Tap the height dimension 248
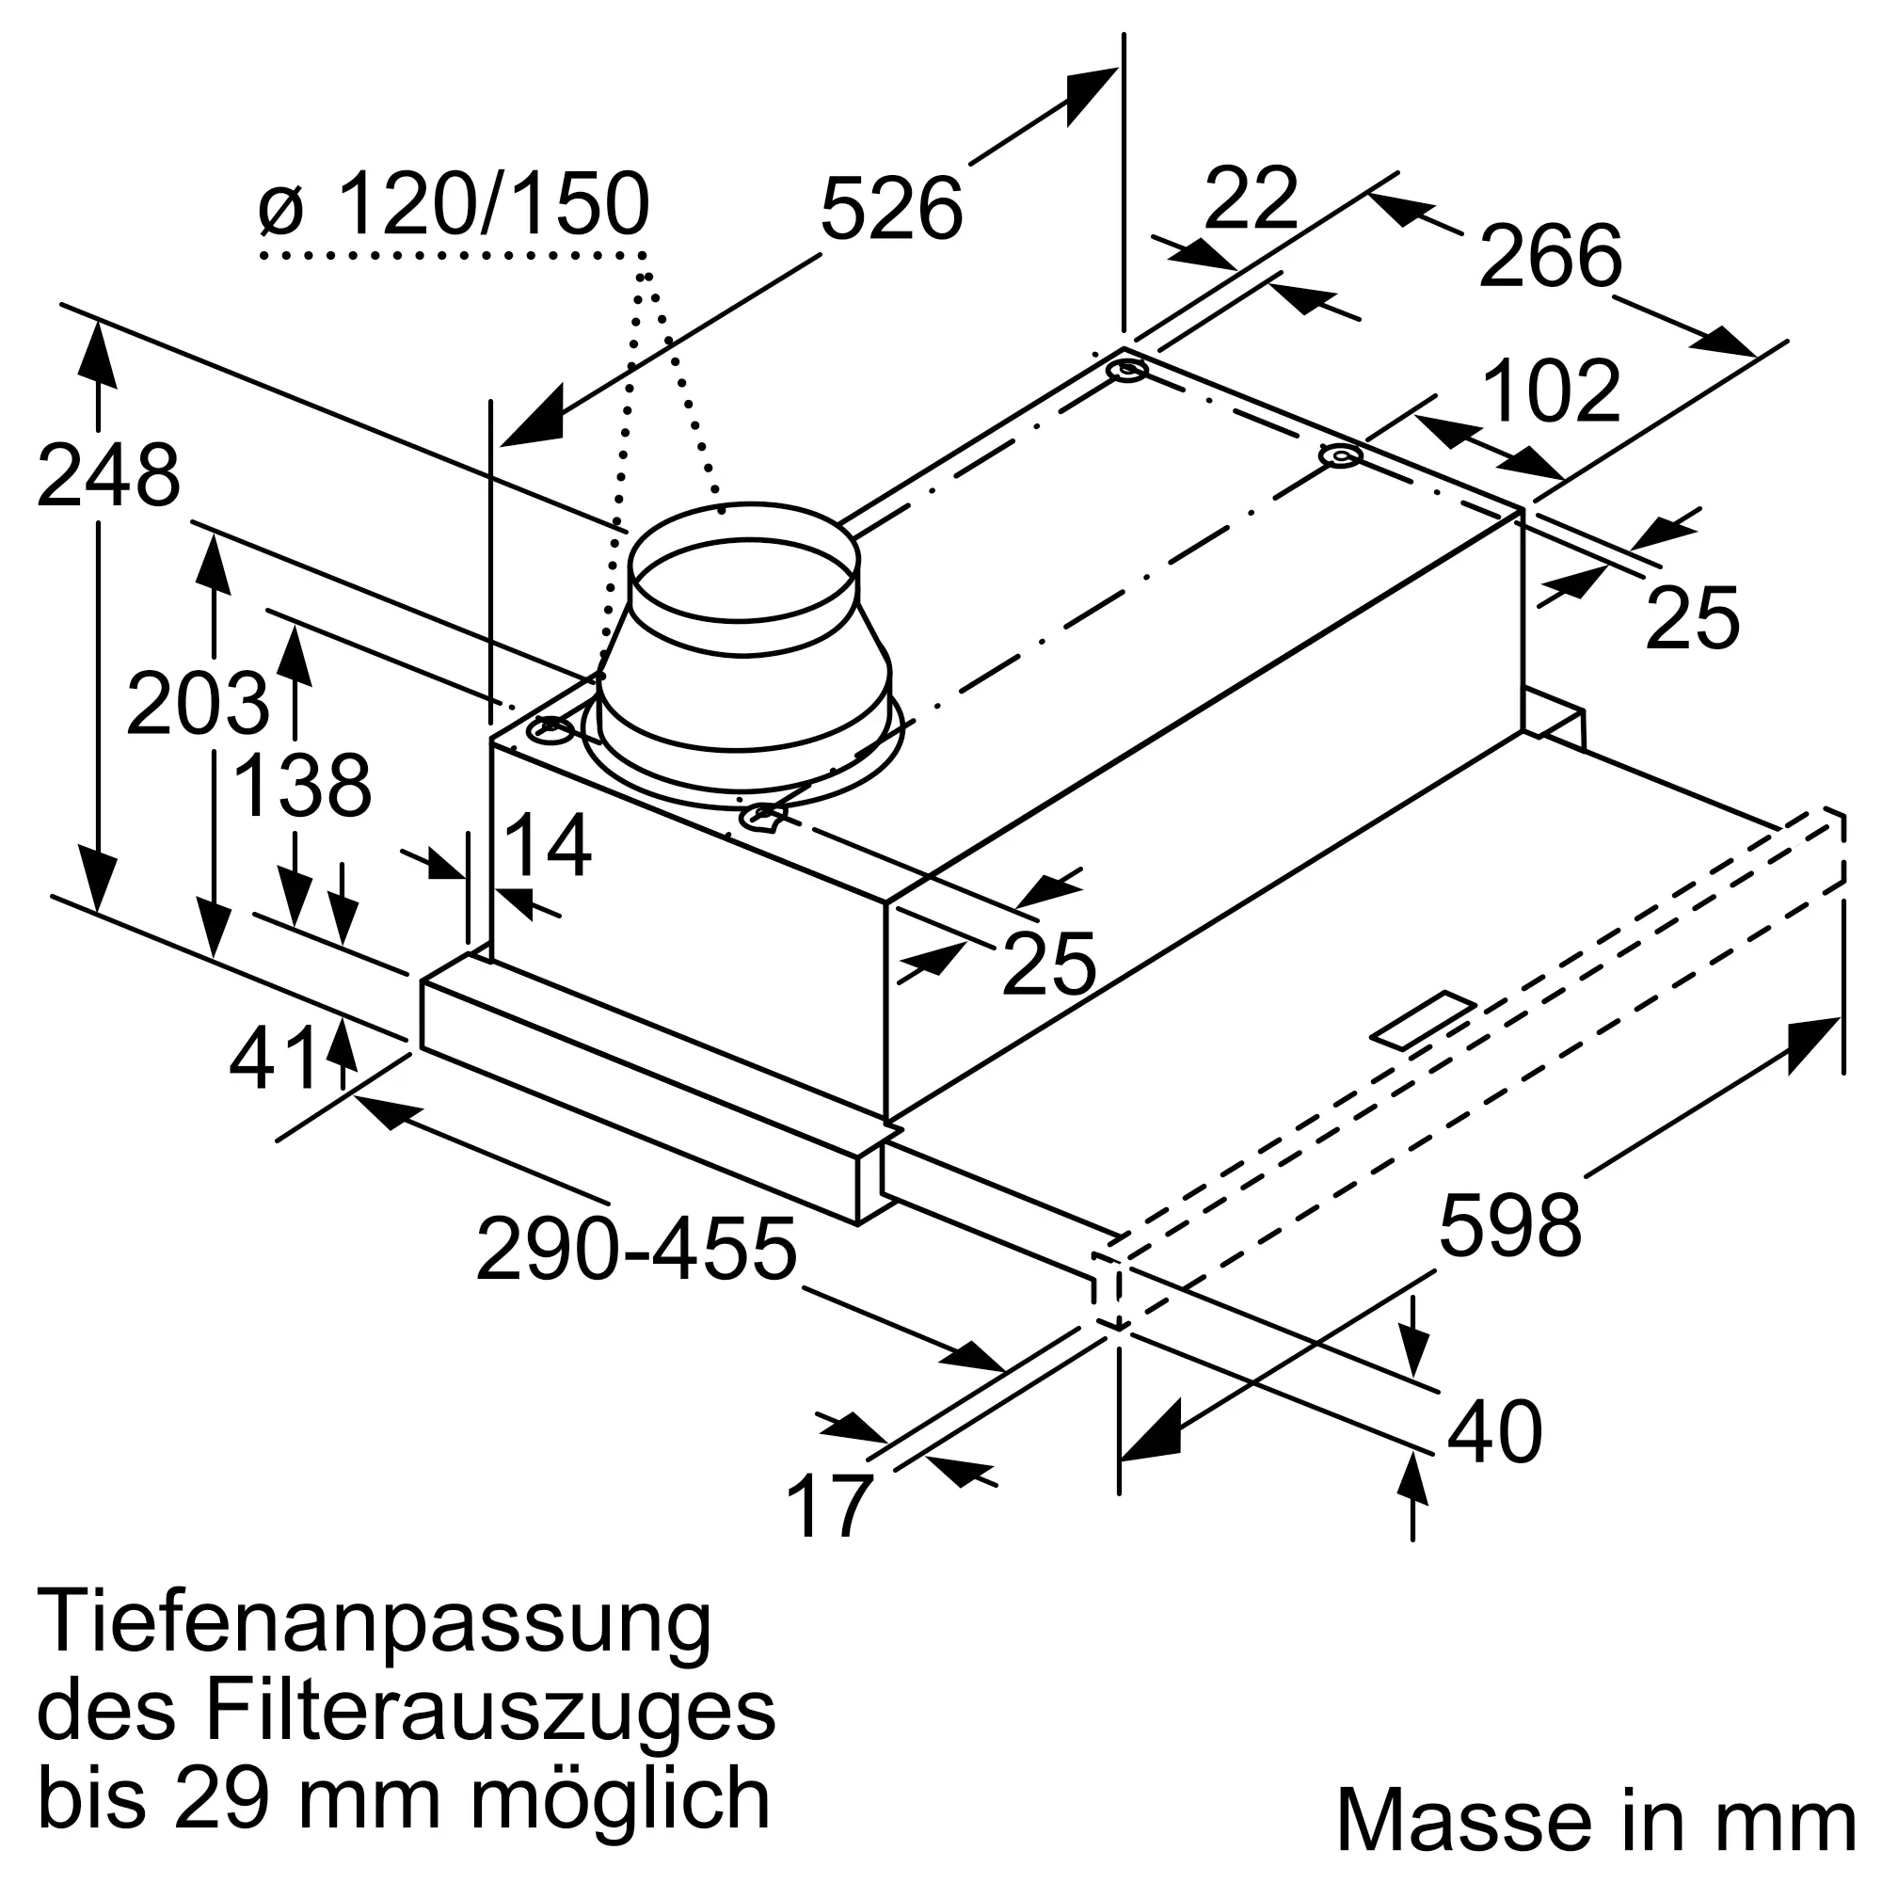pyautogui.click(x=108, y=475)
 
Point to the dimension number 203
pyautogui.click(x=197, y=703)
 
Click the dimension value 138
pyautogui.click(x=303, y=785)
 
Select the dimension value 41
pyautogui.click(x=275, y=1059)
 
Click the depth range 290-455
pyautogui.click(x=636, y=1249)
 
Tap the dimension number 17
pyautogui.click(x=828, y=1506)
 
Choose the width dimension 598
pyautogui.click(x=1510, y=1225)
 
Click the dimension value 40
pyautogui.click(x=1494, y=1431)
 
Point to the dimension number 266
pyautogui.click(x=1550, y=256)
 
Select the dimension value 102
pyautogui.click(x=1551, y=391)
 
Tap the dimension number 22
pyautogui.click(x=1251, y=199)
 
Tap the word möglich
pyautogui.click(x=620, y=1798)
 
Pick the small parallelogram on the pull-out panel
pyautogui.click(x=1423, y=1021)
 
